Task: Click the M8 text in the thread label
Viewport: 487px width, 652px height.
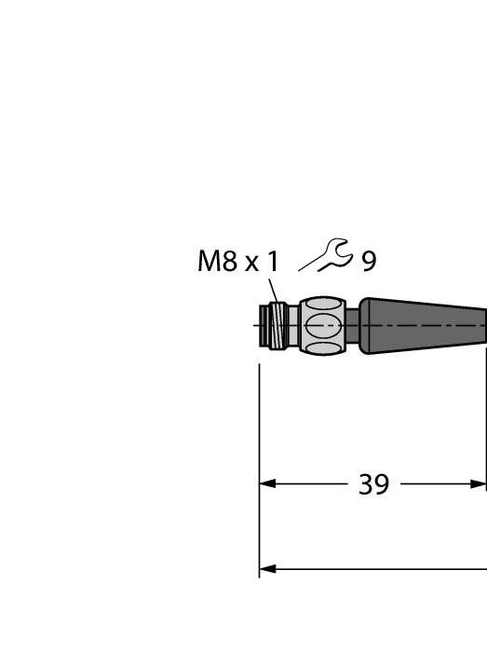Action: pos(218,262)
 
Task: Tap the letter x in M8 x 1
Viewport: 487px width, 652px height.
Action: pos(251,264)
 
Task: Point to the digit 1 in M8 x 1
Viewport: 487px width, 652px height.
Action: pos(272,262)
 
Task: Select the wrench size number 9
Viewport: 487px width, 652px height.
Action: pos(369,262)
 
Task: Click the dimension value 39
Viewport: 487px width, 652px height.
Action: pos(373,484)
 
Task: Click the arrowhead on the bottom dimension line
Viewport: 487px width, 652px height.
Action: pos(267,569)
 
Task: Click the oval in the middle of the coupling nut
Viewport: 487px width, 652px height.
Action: pos(323,326)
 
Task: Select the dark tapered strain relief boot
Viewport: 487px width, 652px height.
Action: pos(424,326)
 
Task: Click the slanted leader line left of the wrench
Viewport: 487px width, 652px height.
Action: pos(309,265)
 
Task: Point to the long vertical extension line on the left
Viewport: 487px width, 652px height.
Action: pos(259,466)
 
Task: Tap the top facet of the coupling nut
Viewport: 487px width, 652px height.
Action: pos(323,304)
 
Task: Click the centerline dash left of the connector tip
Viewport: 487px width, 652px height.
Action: pos(256,326)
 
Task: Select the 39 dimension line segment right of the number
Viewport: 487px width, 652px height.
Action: pos(438,484)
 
